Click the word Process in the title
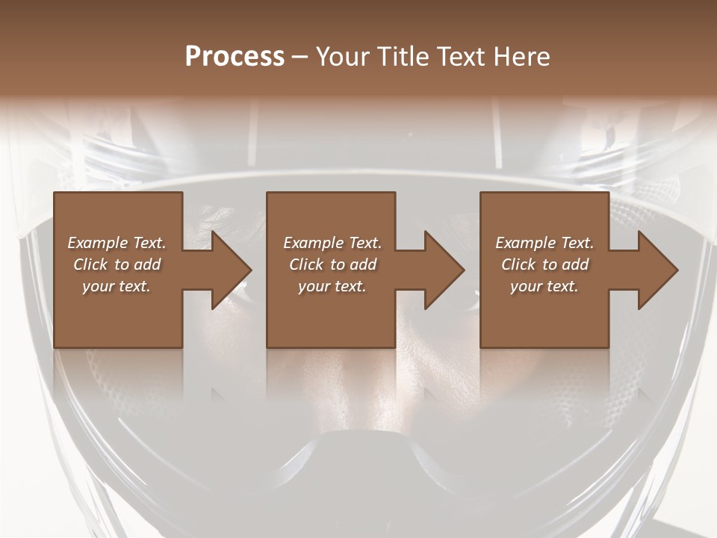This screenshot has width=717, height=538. point(235,57)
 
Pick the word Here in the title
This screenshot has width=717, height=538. point(522,57)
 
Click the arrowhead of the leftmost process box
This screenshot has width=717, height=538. point(228,270)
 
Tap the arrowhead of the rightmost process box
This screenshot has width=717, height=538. point(654,270)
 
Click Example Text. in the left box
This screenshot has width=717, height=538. point(117,243)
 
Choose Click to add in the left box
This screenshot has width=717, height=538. point(117,265)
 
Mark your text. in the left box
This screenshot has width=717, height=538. point(117,286)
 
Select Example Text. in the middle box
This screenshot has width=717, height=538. point(332,243)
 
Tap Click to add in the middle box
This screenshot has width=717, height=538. point(332,265)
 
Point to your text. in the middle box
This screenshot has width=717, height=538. point(332,286)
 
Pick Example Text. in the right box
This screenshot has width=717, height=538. point(544,243)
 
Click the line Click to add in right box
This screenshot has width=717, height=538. point(544,265)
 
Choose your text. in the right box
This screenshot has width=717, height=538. point(544,286)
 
